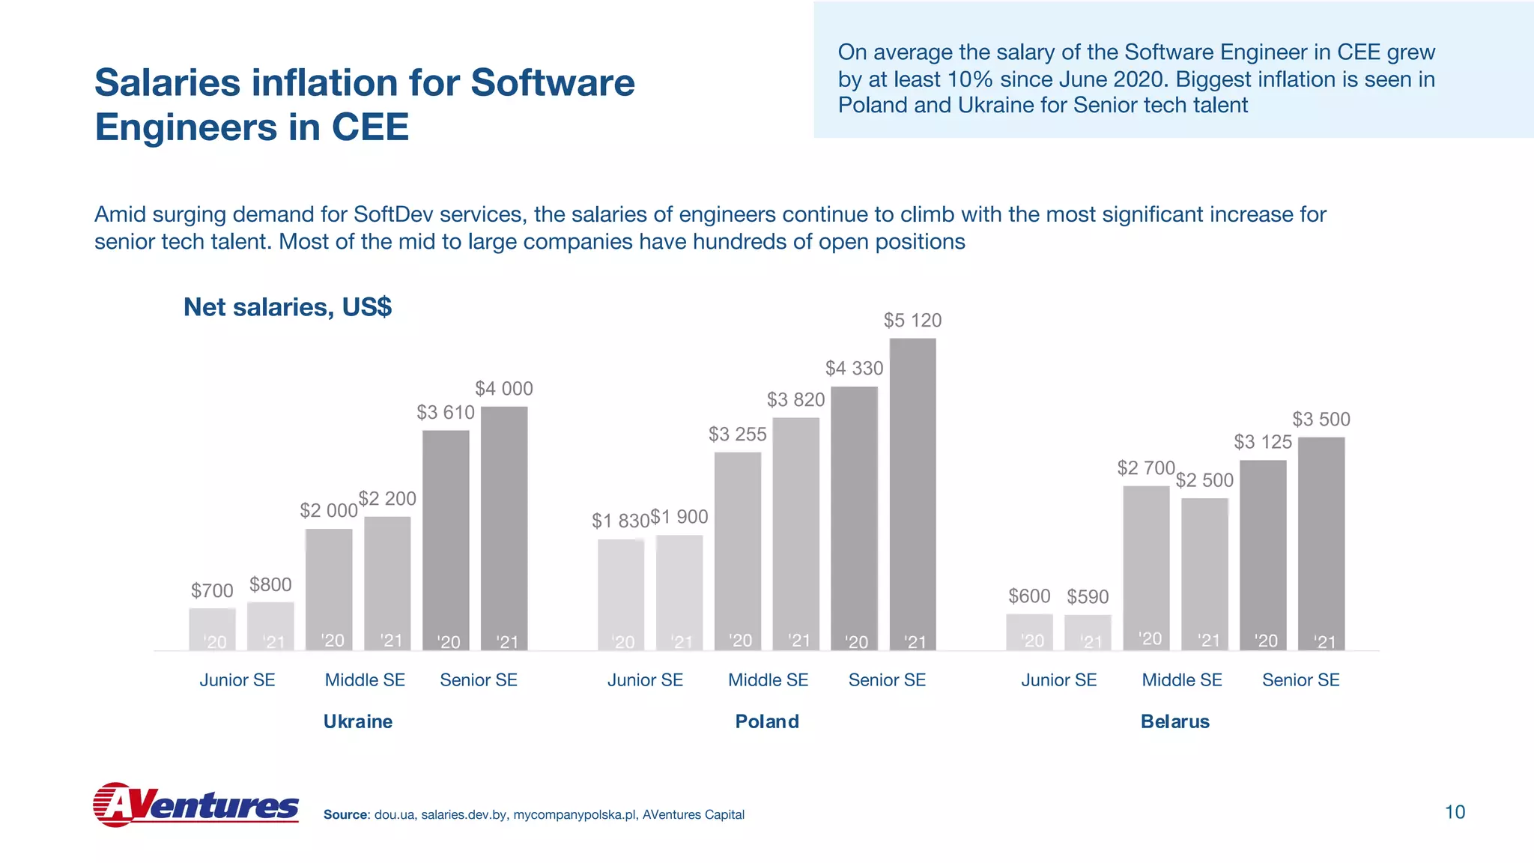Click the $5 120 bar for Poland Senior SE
(912, 494)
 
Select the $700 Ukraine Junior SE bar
(212, 629)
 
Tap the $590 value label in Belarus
(1088, 597)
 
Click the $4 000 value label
(504, 389)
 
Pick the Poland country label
(767, 721)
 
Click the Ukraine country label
(357, 721)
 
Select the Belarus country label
(1174, 721)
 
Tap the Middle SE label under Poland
(768, 680)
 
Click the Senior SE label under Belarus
(1300, 680)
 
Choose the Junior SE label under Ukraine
(237, 680)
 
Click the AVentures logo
(195, 805)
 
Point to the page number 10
(1454, 812)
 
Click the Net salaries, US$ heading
(288, 307)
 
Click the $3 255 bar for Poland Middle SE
(738, 551)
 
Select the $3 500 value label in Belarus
(1321, 420)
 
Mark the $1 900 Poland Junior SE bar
(679, 592)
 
